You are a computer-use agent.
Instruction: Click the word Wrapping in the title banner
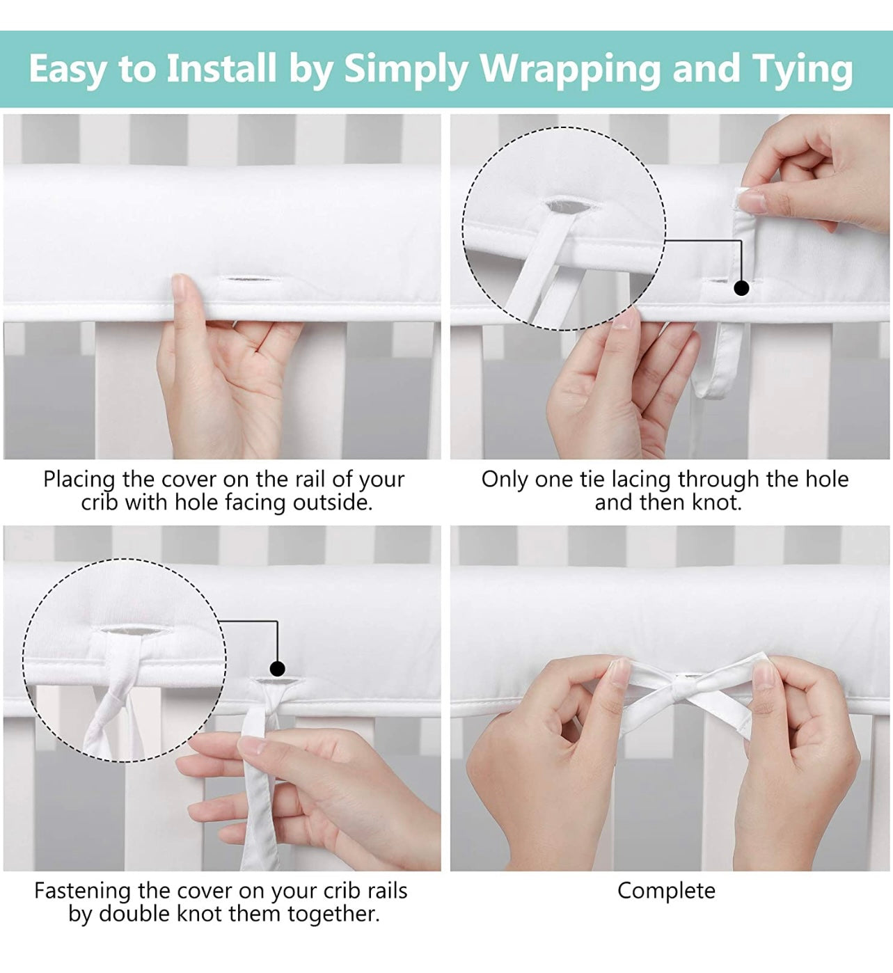click(x=571, y=70)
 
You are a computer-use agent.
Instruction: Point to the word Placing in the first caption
click(x=79, y=480)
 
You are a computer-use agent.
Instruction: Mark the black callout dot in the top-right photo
click(x=741, y=288)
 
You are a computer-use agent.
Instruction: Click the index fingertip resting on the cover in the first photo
click(x=180, y=284)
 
